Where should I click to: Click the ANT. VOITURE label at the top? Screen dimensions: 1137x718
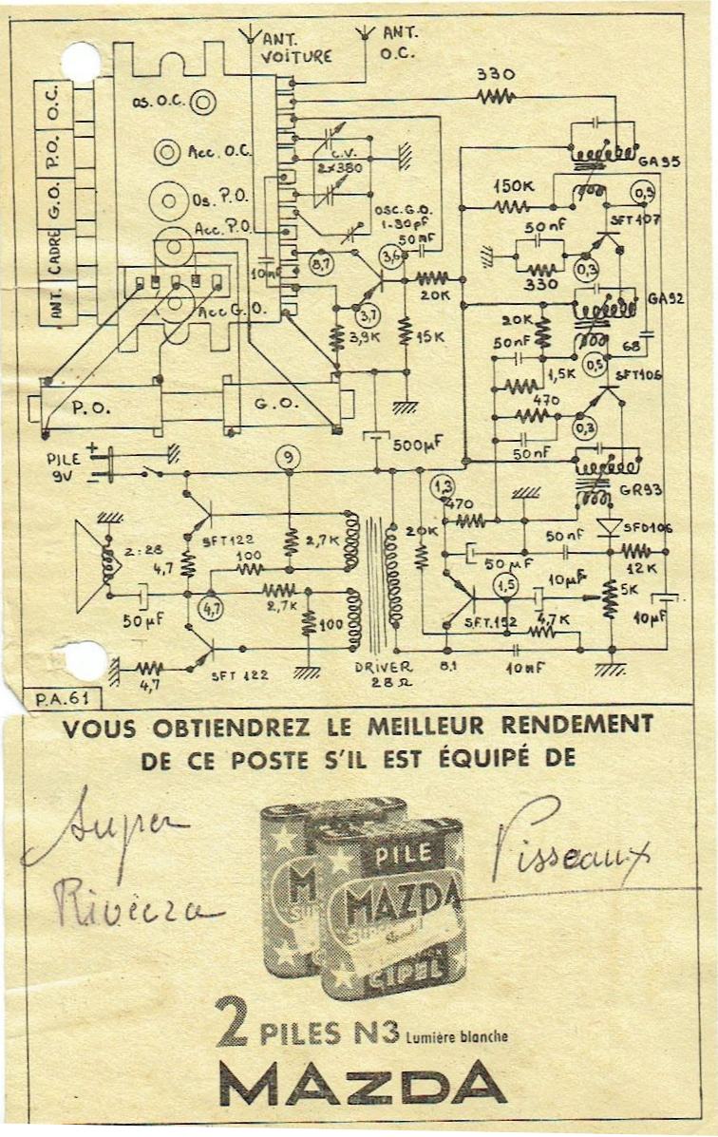(x=296, y=47)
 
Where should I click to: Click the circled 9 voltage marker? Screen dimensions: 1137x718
(x=287, y=458)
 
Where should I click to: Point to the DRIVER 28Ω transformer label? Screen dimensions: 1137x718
(x=384, y=674)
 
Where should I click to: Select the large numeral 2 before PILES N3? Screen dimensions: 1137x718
(x=234, y=1021)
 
